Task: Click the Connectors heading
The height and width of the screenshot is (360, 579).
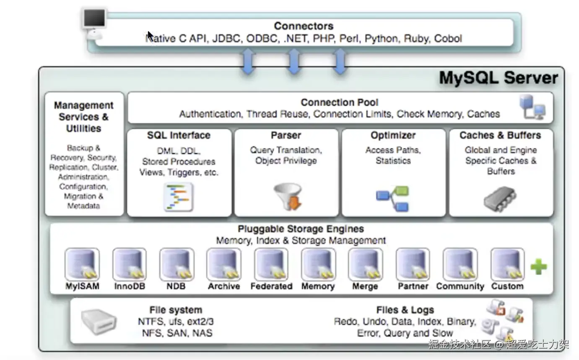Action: (x=304, y=26)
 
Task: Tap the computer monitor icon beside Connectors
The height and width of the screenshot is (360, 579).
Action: (x=94, y=24)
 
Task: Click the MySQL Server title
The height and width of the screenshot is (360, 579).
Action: (x=499, y=78)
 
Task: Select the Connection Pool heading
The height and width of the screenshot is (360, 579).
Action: (x=339, y=102)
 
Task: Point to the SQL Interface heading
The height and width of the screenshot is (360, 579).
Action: (x=179, y=135)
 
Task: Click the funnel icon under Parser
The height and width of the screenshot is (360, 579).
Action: (x=288, y=197)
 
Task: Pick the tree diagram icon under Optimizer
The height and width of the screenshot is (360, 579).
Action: (x=392, y=199)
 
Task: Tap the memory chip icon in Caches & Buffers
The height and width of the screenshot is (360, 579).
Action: (x=500, y=199)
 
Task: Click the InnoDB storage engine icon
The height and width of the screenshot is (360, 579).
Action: (x=129, y=264)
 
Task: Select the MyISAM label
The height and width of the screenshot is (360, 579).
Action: (x=82, y=286)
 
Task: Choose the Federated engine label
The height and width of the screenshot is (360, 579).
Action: (x=271, y=286)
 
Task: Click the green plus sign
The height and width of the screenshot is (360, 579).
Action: (x=539, y=267)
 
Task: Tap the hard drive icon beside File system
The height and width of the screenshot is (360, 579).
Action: (x=99, y=321)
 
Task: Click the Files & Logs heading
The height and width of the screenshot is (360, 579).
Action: (x=405, y=310)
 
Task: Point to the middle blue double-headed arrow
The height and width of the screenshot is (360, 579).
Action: (x=294, y=62)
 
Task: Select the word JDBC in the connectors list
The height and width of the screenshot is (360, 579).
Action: (x=226, y=39)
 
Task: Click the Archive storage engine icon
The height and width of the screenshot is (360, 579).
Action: (x=224, y=264)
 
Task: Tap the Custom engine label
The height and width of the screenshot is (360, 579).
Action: (x=507, y=286)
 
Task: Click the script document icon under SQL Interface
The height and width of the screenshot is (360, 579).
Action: (x=178, y=197)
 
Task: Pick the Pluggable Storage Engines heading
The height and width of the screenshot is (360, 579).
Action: (x=301, y=229)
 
